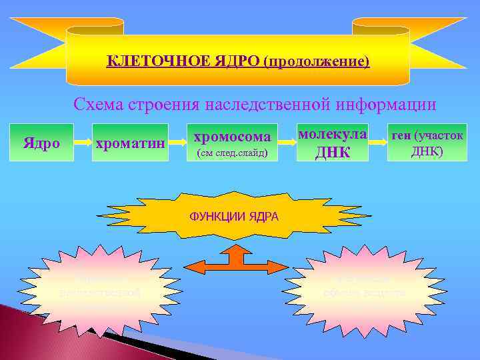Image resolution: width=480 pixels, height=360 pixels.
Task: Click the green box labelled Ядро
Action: click(41, 142)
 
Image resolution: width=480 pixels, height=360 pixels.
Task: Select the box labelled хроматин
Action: click(129, 142)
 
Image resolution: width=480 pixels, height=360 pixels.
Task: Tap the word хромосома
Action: click(231, 137)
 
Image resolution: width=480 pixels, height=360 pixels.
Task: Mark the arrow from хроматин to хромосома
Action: click(176, 141)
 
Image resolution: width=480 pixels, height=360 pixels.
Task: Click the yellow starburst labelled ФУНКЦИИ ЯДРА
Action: click(234, 217)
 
